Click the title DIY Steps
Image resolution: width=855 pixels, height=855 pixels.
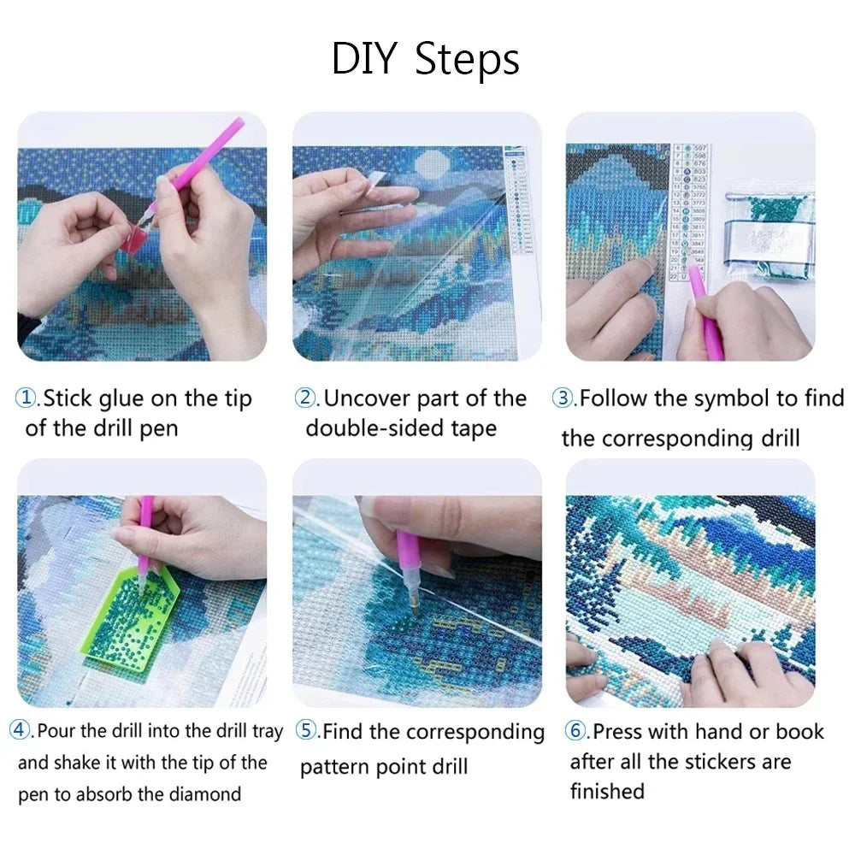click(x=425, y=59)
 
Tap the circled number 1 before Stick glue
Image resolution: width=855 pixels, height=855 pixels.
click(x=27, y=398)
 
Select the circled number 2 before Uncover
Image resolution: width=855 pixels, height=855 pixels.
click(x=306, y=398)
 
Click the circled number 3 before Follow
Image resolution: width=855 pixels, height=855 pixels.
click(x=563, y=398)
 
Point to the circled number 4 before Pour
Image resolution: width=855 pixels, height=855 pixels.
click(x=21, y=731)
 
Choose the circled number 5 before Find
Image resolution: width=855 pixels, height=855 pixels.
click(x=307, y=731)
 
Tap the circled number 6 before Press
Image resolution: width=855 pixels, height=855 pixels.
click(x=575, y=731)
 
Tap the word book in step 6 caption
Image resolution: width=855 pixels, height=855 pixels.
click(x=800, y=732)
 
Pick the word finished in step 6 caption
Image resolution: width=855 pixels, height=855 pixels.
click(x=607, y=792)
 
